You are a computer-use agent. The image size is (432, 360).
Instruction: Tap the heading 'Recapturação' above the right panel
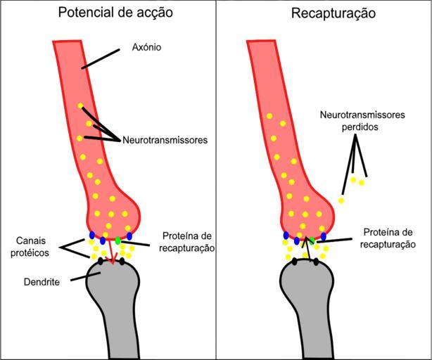pos(324,12)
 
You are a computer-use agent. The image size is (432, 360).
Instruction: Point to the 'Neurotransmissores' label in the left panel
pos(165,140)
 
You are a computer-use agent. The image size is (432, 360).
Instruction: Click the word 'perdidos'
pos(357,127)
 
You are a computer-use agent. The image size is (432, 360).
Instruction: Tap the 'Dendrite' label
pos(39,281)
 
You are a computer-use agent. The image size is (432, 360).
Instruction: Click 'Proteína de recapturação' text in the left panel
pos(186,242)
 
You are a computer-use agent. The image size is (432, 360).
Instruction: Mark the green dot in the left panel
pos(117,241)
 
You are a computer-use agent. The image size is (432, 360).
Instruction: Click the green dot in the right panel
pos(311,240)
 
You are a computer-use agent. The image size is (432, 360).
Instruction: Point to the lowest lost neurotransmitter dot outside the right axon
pos(341,200)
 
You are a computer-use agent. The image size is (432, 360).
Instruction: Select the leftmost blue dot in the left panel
pos(92,235)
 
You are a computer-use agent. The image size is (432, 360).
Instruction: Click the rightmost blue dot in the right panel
pos(324,236)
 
